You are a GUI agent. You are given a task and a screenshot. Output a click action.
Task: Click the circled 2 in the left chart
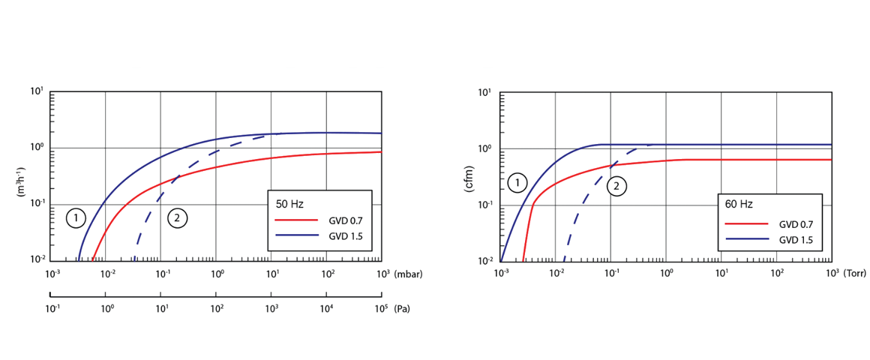pyautogui.click(x=177, y=218)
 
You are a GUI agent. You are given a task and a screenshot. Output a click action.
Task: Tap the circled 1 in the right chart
pyautogui.click(x=517, y=181)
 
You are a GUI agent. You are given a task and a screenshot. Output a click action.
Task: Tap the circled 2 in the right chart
pyautogui.click(x=616, y=186)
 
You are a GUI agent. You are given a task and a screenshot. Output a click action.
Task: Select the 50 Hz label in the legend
pyautogui.click(x=289, y=204)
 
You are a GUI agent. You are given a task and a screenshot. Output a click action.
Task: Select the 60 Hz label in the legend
pyautogui.click(x=739, y=204)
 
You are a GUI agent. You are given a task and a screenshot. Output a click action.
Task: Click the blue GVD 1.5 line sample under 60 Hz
pyautogui.click(x=747, y=240)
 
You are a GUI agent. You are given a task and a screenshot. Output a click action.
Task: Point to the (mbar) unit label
pyautogui.click(x=408, y=274)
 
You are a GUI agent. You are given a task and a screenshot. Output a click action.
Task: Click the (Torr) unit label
pyautogui.click(x=855, y=274)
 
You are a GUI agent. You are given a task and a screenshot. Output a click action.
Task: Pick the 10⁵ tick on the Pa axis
pyautogui.click(x=380, y=308)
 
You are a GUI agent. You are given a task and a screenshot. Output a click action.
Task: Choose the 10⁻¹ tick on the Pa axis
pyautogui.click(x=52, y=308)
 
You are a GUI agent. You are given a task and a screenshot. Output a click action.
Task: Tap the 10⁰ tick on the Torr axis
pyautogui.click(x=666, y=274)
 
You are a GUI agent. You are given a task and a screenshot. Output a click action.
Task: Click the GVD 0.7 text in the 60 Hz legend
pyautogui.click(x=796, y=223)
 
